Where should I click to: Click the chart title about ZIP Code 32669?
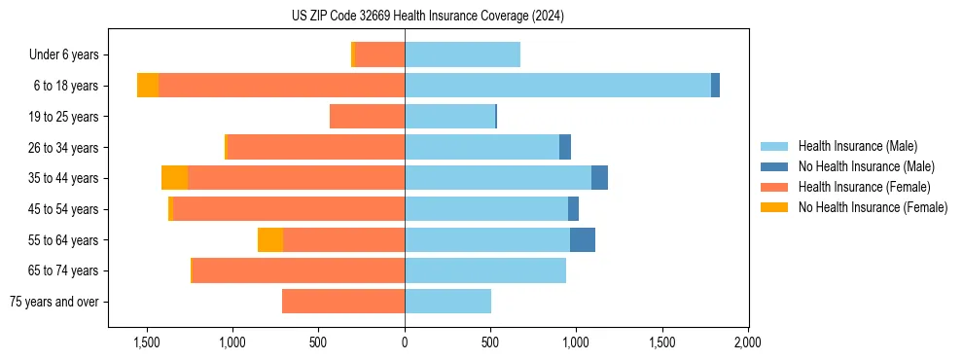tap(428, 16)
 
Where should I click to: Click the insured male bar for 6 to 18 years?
tap(557, 86)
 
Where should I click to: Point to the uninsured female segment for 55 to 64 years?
tap(270, 240)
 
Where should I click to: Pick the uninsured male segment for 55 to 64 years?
tap(583, 240)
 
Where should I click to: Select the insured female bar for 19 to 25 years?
tap(367, 117)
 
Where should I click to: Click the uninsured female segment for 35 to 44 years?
tap(174, 178)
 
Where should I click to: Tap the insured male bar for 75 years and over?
tap(447, 302)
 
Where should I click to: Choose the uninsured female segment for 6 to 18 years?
tap(148, 86)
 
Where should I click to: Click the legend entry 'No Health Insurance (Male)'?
tap(866, 166)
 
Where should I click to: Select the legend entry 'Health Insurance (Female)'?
tap(864, 187)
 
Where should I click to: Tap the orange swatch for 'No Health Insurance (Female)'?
tap(774, 207)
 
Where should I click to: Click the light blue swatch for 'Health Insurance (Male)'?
tap(774, 146)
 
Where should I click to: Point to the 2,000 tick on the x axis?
tap(747, 343)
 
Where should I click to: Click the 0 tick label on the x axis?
tap(405, 343)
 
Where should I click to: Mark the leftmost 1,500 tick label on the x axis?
tap(146, 343)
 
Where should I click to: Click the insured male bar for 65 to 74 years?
tap(485, 270)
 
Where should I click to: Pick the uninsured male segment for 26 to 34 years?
tap(565, 148)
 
